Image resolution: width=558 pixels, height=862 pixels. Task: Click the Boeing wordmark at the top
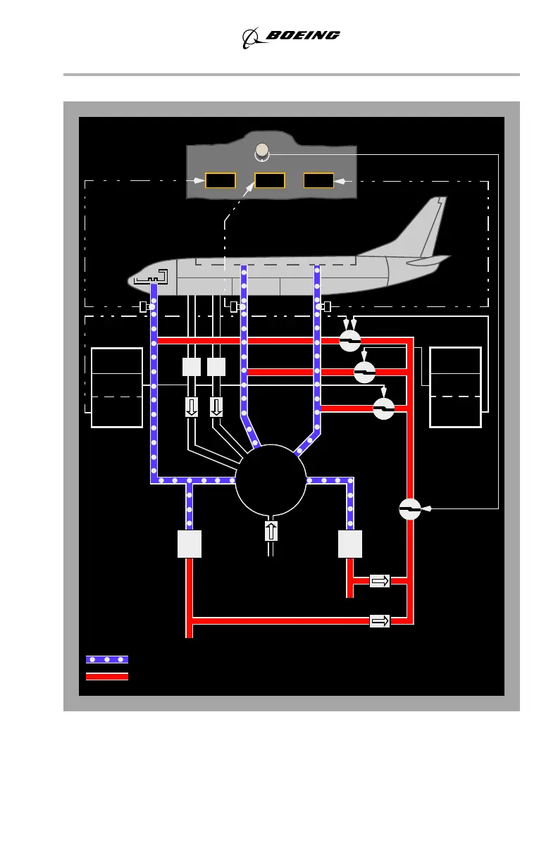[x=302, y=35]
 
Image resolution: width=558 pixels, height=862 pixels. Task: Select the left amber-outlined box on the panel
[x=220, y=180]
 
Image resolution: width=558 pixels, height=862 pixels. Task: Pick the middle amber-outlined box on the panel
[x=269, y=180]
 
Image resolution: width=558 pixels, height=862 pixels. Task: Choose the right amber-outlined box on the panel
[x=318, y=180]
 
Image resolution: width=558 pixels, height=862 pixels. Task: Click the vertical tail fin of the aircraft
[x=430, y=225]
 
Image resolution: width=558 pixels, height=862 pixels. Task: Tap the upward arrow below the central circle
[x=271, y=531]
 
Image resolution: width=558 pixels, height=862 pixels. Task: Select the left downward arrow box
[x=192, y=407]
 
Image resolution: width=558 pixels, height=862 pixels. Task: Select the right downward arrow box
[x=216, y=407]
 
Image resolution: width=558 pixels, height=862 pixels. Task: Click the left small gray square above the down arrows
[x=192, y=367]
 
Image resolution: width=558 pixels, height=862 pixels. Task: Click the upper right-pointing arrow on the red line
[x=380, y=580]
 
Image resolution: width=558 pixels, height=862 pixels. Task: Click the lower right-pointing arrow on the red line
[x=380, y=620]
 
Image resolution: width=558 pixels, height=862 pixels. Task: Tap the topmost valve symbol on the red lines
[x=350, y=341]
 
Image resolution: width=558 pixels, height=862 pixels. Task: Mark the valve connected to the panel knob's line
[x=409, y=508]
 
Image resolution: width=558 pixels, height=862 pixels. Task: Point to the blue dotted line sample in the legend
[x=107, y=659]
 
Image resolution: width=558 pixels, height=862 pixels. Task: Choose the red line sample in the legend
[x=107, y=676]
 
